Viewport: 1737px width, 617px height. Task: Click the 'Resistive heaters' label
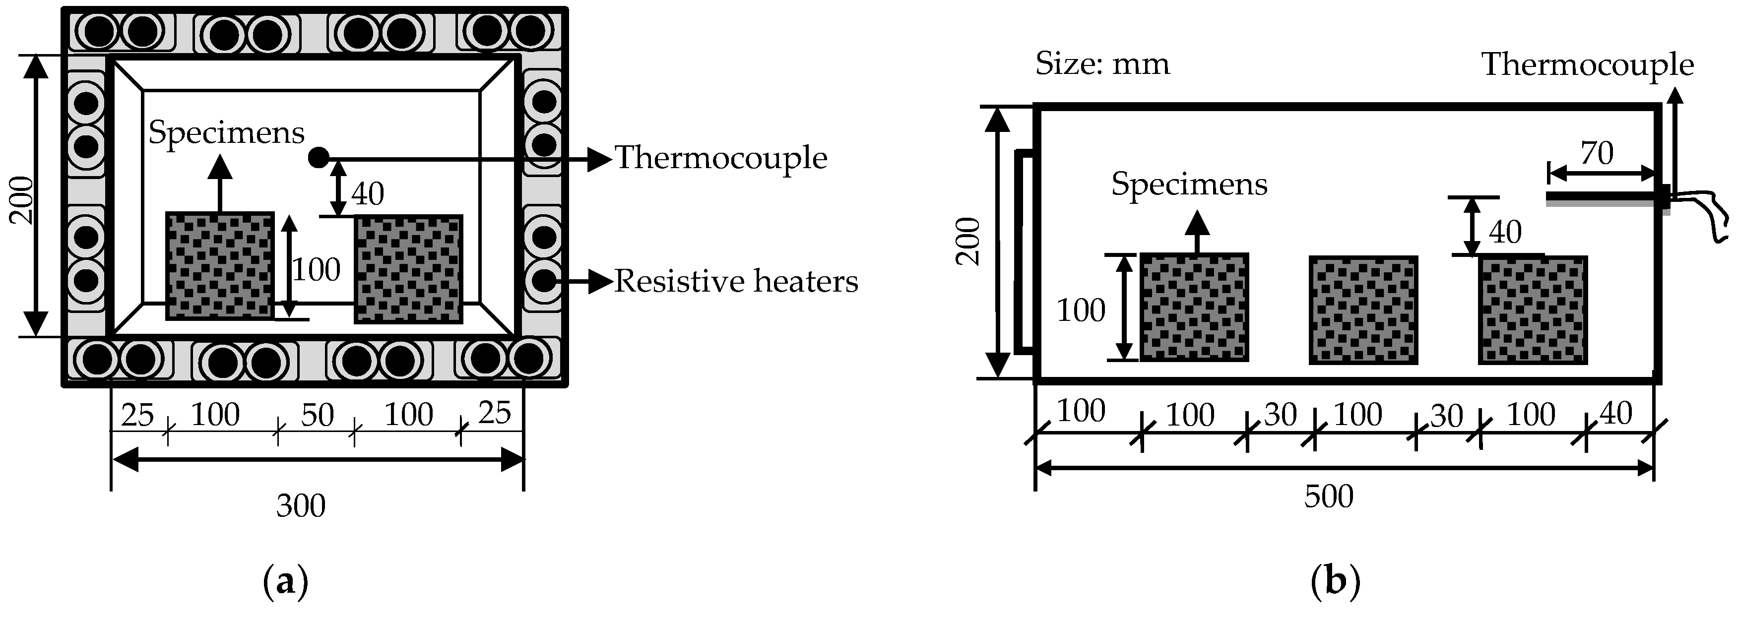point(736,282)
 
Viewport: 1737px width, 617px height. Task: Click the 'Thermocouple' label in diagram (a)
point(720,158)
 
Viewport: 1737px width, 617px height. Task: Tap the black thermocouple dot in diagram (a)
point(318,158)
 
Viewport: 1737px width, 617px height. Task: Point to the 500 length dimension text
point(1328,497)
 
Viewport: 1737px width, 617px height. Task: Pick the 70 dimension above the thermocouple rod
point(1597,154)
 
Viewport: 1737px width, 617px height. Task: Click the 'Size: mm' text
point(1102,64)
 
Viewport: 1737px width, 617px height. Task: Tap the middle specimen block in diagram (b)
point(1363,310)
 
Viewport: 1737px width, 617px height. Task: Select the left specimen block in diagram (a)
point(220,266)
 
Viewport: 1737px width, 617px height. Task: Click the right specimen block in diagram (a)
point(409,269)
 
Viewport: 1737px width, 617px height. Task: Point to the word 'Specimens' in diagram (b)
point(1189,184)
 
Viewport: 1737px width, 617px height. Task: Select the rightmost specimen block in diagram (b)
point(1532,310)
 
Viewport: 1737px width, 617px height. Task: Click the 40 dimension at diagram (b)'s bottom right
point(1615,413)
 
